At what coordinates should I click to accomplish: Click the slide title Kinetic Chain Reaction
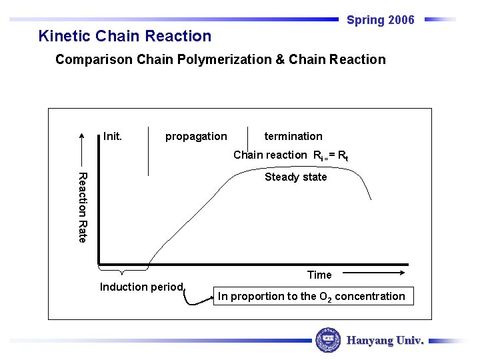tap(125, 36)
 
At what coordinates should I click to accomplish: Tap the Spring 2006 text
tap(380, 20)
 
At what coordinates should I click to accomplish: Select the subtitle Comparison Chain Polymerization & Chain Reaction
tap(220, 60)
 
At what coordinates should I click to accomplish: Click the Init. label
tap(113, 136)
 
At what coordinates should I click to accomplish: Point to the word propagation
tap(196, 137)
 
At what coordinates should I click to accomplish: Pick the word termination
tap(293, 136)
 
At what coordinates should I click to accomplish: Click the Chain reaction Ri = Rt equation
tap(291, 155)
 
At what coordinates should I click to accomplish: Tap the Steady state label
tap(295, 177)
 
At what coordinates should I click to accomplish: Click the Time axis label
tap(319, 275)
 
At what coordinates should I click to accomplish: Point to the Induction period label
tap(141, 287)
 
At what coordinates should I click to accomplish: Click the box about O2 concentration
tap(311, 296)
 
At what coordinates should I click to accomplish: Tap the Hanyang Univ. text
tap(385, 340)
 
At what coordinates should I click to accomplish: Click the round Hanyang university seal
tap(327, 340)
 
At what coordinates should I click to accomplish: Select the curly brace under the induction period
tap(122, 270)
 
